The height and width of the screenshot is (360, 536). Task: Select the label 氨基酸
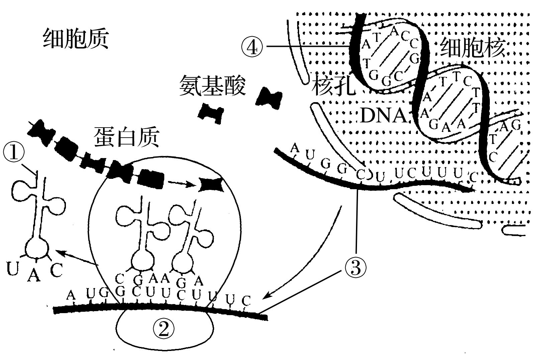tap(212, 85)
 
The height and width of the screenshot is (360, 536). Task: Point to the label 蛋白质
tap(127, 137)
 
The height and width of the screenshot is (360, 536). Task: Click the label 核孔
tap(333, 85)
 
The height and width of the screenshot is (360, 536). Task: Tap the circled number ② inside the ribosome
tap(164, 327)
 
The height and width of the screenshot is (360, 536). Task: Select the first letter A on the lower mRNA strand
tap(71, 295)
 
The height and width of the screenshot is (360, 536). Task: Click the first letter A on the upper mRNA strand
tap(295, 147)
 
